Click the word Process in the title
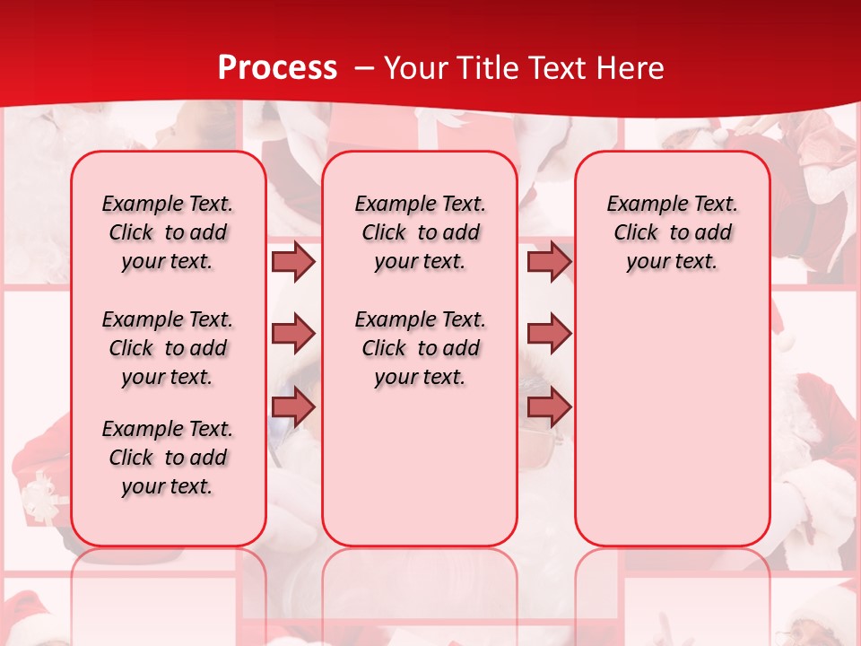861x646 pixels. (277, 68)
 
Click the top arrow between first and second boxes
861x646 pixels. (293, 261)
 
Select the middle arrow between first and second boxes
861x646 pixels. (293, 334)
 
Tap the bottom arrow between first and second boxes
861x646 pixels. (293, 406)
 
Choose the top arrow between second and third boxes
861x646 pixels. (549, 261)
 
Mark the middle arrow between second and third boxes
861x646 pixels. (549, 334)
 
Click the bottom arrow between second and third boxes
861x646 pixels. (549, 406)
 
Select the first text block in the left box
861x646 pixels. (168, 232)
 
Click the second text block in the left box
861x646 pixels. (168, 348)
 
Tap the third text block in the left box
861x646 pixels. (168, 458)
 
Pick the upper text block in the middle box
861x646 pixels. (420, 232)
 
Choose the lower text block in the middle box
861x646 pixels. (420, 348)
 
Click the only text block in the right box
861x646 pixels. (672, 232)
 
